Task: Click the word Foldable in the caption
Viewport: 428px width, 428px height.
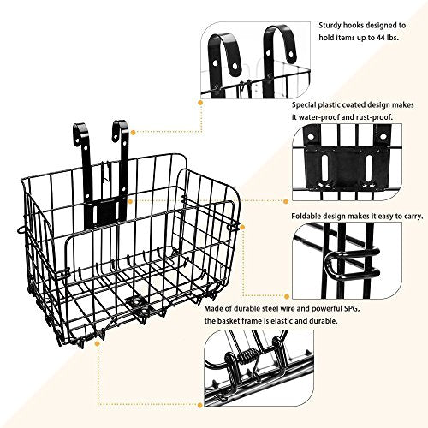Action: [304, 216]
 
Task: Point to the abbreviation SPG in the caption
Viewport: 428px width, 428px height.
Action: [351, 308]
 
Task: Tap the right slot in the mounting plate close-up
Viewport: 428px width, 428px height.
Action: [368, 168]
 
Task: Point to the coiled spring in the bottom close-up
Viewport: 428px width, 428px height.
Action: [247, 356]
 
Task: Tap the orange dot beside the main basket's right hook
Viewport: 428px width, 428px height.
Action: [134, 132]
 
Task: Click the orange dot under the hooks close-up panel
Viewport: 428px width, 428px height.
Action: [200, 102]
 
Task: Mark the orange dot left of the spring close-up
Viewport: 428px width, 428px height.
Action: [199, 405]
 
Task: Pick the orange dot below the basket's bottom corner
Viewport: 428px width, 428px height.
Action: [98, 343]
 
